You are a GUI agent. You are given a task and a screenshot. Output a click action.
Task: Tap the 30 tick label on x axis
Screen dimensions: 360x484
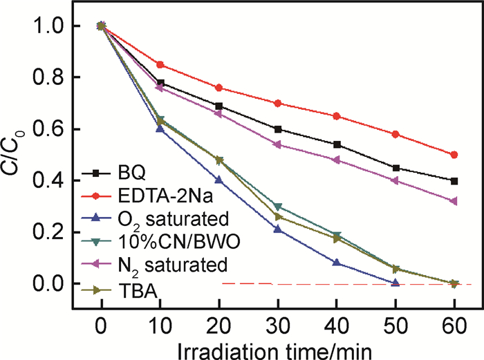tap(278, 323)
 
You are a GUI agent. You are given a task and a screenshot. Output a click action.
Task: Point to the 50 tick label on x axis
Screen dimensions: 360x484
tap(395, 323)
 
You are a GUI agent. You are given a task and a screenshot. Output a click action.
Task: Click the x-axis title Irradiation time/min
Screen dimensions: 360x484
tap(277, 345)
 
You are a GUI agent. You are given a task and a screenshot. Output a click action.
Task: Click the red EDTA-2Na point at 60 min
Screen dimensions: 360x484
tap(454, 155)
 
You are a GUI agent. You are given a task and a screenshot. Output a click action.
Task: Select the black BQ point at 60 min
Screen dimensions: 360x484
tap(454, 181)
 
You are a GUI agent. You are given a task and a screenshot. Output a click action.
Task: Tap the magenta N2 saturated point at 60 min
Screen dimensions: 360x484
tap(454, 201)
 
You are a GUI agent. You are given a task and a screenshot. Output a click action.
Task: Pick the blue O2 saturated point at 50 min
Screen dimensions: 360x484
tap(395, 283)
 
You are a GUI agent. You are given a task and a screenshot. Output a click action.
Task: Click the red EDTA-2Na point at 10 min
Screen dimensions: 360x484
tap(160, 65)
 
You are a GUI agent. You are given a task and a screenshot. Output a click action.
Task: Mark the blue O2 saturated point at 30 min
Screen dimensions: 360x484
tap(278, 229)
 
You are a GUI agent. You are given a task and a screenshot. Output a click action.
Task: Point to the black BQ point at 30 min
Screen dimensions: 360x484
tap(278, 129)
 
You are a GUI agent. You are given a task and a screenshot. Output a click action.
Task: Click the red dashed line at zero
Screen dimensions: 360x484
tap(346, 284)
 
